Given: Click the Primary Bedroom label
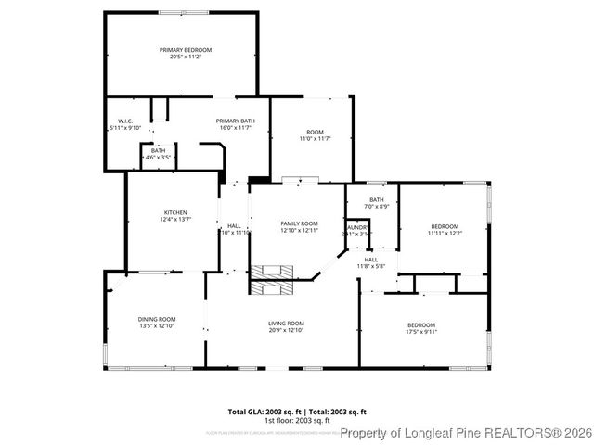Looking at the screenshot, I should (x=186, y=49).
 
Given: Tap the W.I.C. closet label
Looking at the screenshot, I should (x=126, y=121).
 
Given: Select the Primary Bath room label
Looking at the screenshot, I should (x=235, y=121).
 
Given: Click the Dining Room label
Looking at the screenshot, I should (x=157, y=319).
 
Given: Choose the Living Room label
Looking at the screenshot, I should (x=286, y=323).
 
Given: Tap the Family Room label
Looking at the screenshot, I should (x=299, y=223).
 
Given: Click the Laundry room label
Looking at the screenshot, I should (x=358, y=227).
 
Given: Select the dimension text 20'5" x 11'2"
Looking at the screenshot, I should (x=186, y=57).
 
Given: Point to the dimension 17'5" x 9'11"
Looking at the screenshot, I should (x=421, y=331).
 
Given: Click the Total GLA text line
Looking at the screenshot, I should (x=297, y=411).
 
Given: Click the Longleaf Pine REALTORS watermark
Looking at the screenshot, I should (x=464, y=432).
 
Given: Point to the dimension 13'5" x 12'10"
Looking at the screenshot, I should (x=157, y=326).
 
